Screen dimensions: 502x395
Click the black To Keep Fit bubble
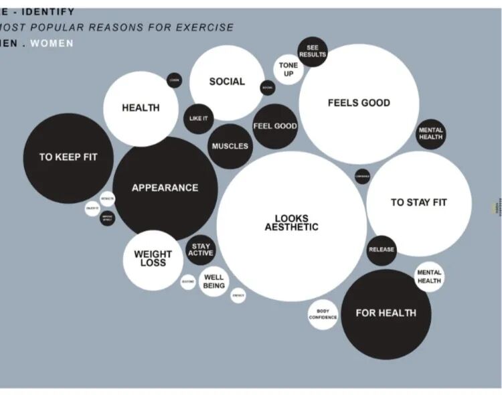(68, 158)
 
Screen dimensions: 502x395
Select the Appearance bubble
(165, 188)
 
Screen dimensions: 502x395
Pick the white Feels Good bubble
(359, 104)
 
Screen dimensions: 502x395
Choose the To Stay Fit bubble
(419, 203)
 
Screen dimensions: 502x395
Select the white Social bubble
(227, 82)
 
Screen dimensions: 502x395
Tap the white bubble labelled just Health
(141, 108)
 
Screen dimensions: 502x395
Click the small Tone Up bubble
(288, 70)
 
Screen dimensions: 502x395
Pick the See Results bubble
(312, 52)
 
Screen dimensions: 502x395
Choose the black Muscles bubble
(230, 146)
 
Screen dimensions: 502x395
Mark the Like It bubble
(199, 119)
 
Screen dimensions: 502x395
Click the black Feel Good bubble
(275, 126)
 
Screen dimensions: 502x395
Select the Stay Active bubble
(200, 250)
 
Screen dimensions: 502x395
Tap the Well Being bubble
(214, 281)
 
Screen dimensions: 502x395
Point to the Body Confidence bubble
(323, 315)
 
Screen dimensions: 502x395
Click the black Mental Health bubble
(430, 134)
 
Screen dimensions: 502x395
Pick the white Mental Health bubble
(429, 276)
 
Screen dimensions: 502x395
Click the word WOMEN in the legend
(52, 44)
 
